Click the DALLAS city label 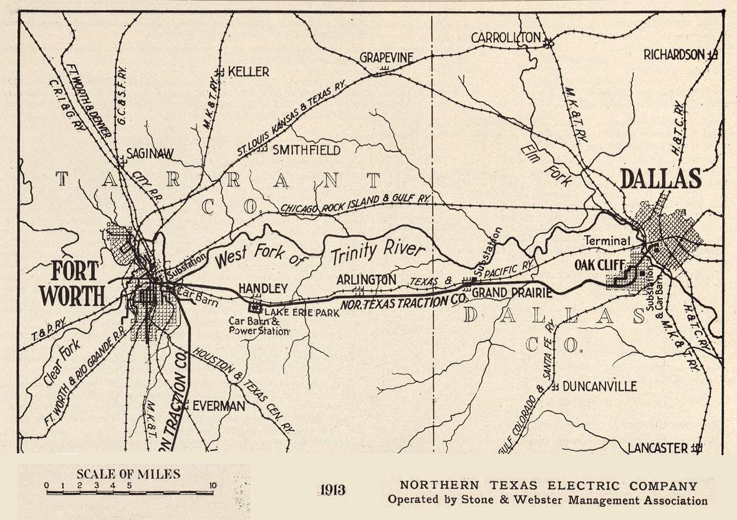(660, 179)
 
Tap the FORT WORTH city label (74, 284)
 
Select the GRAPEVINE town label (387, 57)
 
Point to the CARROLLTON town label (506, 38)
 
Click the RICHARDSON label (674, 55)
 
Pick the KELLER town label (249, 72)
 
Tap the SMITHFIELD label (307, 150)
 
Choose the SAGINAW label (150, 153)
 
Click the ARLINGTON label (366, 280)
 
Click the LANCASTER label (658, 448)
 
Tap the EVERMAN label (218, 406)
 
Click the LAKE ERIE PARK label (302, 312)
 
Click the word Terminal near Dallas (607, 241)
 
